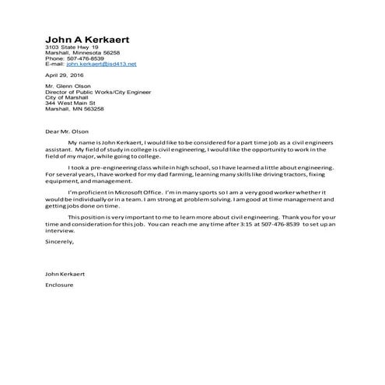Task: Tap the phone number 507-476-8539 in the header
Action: (x=86, y=58)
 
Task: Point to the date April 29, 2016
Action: (x=63, y=75)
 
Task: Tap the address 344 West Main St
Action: (x=70, y=103)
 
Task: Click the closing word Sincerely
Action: (x=59, y=242)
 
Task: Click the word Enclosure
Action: (x=60, y=285)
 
